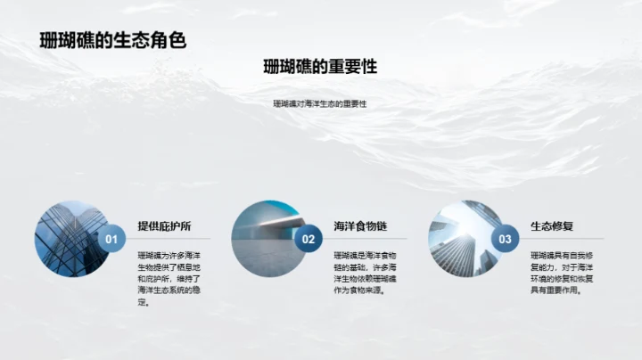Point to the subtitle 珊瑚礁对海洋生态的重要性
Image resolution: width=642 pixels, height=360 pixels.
(x=320, y=104)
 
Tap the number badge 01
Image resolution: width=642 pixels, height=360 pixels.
(x=111, y=239)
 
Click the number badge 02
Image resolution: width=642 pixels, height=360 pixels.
(x=309, y=239)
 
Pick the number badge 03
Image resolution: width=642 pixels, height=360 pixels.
(x=505, y=239)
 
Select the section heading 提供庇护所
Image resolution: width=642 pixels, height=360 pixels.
(x=164, y=225)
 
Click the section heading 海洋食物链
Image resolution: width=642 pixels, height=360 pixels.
(x=360, y=225)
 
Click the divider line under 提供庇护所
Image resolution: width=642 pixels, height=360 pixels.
(x=169, y=239)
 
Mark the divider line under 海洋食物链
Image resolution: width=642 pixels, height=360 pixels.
(x=366, y=239)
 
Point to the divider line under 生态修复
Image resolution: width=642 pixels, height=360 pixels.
(x=562, y=239)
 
